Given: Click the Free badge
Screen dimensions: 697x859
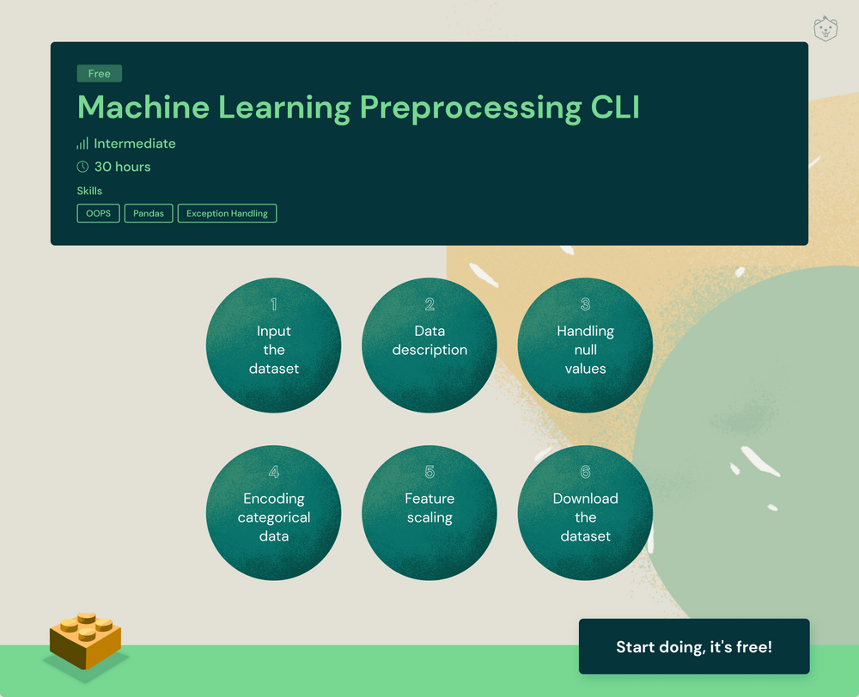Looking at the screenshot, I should [x=100, y=74].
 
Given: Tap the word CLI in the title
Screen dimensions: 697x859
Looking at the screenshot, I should [x=614, y=107].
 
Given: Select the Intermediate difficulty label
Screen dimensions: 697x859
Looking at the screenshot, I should [x=134, y=144].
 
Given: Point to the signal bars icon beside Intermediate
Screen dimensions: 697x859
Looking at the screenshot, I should [x=82, y=144].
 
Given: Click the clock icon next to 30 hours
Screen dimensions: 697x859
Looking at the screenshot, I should [x=82, y=167].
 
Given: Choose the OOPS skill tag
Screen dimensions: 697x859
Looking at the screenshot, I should [x=98, y=213].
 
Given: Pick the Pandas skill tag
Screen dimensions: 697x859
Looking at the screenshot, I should [x=149, y=213].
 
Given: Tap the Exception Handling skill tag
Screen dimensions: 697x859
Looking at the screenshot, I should [x=227, y=213].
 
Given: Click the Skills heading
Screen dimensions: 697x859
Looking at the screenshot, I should [x=89, y=191].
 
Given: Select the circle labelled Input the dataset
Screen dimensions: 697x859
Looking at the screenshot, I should [x=273, y=345].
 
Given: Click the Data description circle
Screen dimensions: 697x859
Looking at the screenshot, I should [x=429, y=345].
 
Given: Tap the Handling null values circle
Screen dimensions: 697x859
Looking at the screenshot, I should [x=585, y=345].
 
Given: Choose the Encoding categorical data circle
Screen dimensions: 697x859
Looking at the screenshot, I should [x=273, y=513].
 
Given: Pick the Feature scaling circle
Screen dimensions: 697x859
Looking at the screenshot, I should [x=429, y=513].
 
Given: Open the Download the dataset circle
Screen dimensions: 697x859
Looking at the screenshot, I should [x=585, y=513].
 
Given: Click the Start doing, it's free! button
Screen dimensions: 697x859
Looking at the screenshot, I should [x=694, y=646].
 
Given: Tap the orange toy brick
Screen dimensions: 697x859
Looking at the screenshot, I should [x=85, y=640].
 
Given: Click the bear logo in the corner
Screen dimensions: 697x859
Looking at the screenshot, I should [x=825, y=29].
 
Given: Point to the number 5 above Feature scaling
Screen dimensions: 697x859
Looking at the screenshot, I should [x=429, y=472].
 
